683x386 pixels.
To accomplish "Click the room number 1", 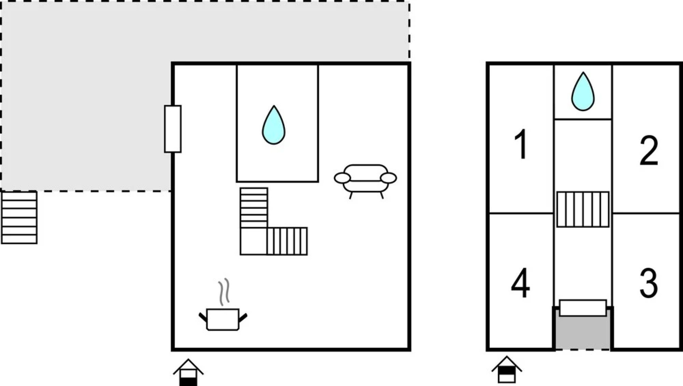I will tap(521, 144).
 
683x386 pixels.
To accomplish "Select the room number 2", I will tap(648, 150).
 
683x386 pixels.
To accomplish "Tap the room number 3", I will tap(648, 283).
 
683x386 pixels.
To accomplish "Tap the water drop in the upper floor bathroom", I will tap(583, 92).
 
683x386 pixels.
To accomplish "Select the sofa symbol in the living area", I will tap(365, 179).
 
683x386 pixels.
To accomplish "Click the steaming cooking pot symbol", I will tap(223, 319).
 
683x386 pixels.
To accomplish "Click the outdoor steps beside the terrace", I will tap(19, 218).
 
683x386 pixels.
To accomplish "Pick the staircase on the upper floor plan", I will tap(583, 209).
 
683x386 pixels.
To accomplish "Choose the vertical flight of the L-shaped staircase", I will tap(254, 208).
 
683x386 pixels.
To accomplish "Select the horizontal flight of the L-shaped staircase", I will tap(287, 241).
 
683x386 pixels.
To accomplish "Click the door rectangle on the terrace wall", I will tap(173, 129).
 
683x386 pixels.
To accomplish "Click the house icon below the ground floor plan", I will tap(188, 372).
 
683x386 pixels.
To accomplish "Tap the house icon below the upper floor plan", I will tap(507, 370).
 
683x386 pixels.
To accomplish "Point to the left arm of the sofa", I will tap(342, 178).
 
